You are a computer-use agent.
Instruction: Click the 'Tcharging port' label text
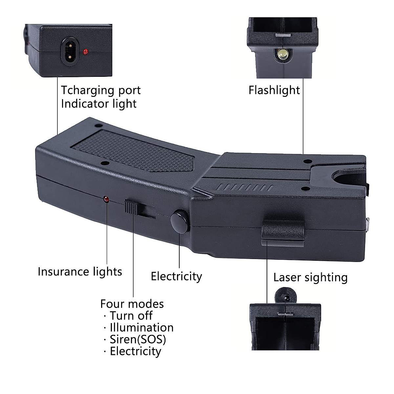(x=101, y=90)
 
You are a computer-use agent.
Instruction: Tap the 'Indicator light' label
(x=98, y=104)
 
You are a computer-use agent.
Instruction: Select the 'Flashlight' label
(x=274, y=90)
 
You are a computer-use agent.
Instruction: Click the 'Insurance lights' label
(x=80, y=272)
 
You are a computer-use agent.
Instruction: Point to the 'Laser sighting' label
(x=310, y=277)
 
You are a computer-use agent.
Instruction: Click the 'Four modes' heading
(x=132, y=304)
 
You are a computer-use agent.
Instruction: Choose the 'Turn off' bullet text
(x=131, y=316)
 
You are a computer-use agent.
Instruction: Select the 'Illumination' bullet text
(x=142, y=327)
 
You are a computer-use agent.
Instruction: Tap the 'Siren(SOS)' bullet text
(x=138, y=339)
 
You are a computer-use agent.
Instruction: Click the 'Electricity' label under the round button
(x=176, y=276)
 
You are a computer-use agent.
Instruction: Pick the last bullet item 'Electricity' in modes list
(x=135, y=351)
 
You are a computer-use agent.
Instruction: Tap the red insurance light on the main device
(x=106, y=199)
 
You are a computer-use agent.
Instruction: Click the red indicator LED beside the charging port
(x=86, y=52)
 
